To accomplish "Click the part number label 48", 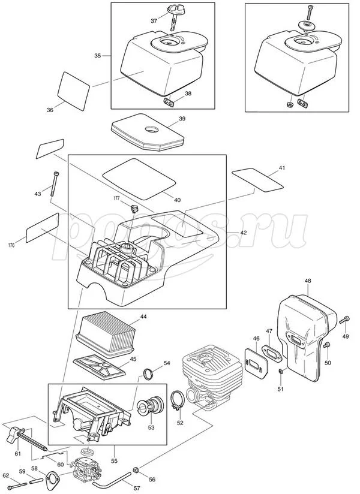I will pos(307,281).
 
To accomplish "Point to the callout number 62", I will pos(6,475).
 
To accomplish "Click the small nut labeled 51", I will pos(281,375).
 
